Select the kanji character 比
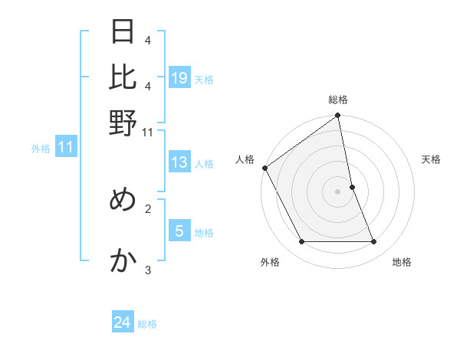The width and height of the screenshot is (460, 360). (x=123, y=77)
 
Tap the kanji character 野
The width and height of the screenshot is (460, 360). (x=123, y=123)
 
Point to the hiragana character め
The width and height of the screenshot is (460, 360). (x=123, y=199)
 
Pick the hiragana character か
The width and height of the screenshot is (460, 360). (x=123, y=261)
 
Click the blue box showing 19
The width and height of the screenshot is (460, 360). (x=179, y=78)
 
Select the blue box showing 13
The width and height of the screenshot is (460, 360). (x=179, y=162)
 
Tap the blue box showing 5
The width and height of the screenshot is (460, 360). (x=179, y=231)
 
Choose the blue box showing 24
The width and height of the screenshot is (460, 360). (x=123, y=322)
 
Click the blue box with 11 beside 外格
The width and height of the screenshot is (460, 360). (x=66, y=148)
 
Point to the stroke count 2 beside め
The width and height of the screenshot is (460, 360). (x=148, y=208)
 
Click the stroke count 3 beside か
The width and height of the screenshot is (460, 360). (x=148, y=270)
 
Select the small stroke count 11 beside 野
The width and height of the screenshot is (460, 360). (x=148, y=132)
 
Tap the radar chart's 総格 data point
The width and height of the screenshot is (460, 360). (x=337, y=116)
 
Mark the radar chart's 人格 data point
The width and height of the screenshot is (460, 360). (x=264, y=168)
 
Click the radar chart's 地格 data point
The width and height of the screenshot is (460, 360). (x=374, y=242)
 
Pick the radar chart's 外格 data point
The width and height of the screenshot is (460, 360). (x=301, y=242)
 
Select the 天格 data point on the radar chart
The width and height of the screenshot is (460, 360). (x=352, y=187)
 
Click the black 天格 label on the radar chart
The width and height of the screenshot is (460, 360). (x=431, y=159)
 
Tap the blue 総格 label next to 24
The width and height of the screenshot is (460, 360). (x=147, y=324)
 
